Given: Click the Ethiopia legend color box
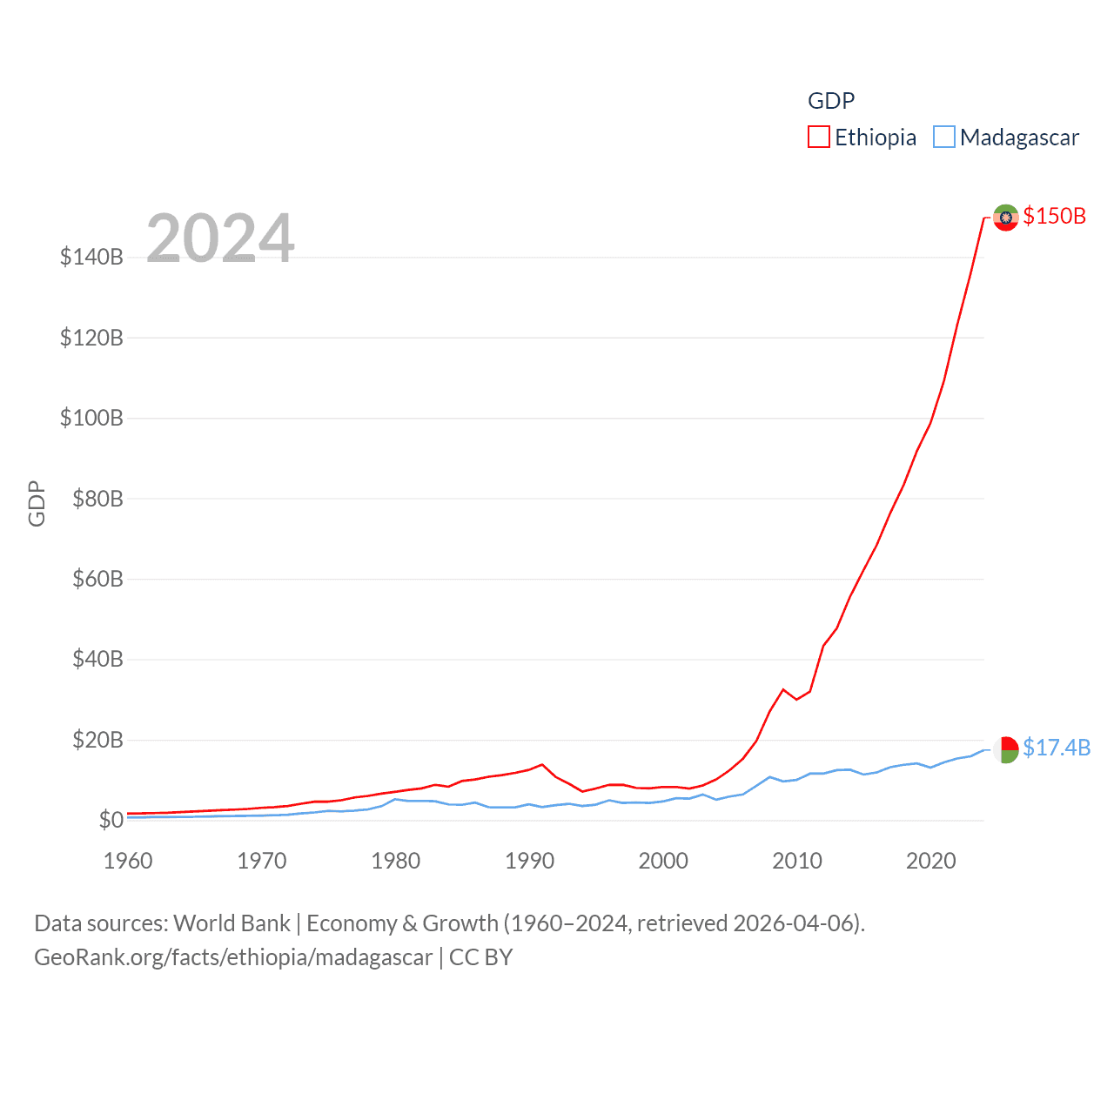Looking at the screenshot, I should pyautogui.click(x=818, y=138).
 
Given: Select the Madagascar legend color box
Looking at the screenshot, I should pyautogui.click(x=943, y=138).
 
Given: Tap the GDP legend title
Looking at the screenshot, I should pyautogui.click(x=831, y=101).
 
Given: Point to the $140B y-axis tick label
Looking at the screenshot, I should pyautogui.click(x=91, y=257).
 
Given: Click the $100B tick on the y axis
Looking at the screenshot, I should pyautogui.click(x=91, y=418).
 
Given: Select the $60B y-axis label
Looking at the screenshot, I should pyautogui.click(x=97, y=579).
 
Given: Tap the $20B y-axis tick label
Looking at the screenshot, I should pyautogui.click(x=97, y=740).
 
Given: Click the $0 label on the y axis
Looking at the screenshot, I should pyautogui.click(x=111, y=820).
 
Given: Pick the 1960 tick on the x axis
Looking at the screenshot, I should pyautogui.click(x=128, y=861).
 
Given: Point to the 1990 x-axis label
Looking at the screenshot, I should pyautogui.click(x=529, y=861).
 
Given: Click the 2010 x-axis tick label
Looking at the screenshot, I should pyautogui.click(x=797, y=861).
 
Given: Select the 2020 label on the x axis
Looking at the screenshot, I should pyautogui.click(x=931, y=861).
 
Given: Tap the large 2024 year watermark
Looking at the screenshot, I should pyautogui.click(x=220, y=238).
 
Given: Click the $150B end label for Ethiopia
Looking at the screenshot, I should pyautogui.click(x=1055, y=216).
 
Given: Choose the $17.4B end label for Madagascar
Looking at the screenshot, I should pyautogui.click(x=1057, y=748).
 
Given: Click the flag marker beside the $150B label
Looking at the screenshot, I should pyautogui.click(x=1006, y=217).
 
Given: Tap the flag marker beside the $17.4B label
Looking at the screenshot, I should pyautogui.click(x=1006, y=749).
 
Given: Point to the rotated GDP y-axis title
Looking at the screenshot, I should pyautogui.click(x=37, y=503).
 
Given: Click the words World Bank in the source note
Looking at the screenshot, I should pyautogui.click(x=232, y=923).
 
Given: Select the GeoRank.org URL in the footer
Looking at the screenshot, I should pyautogui.click(x=233, y=957).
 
